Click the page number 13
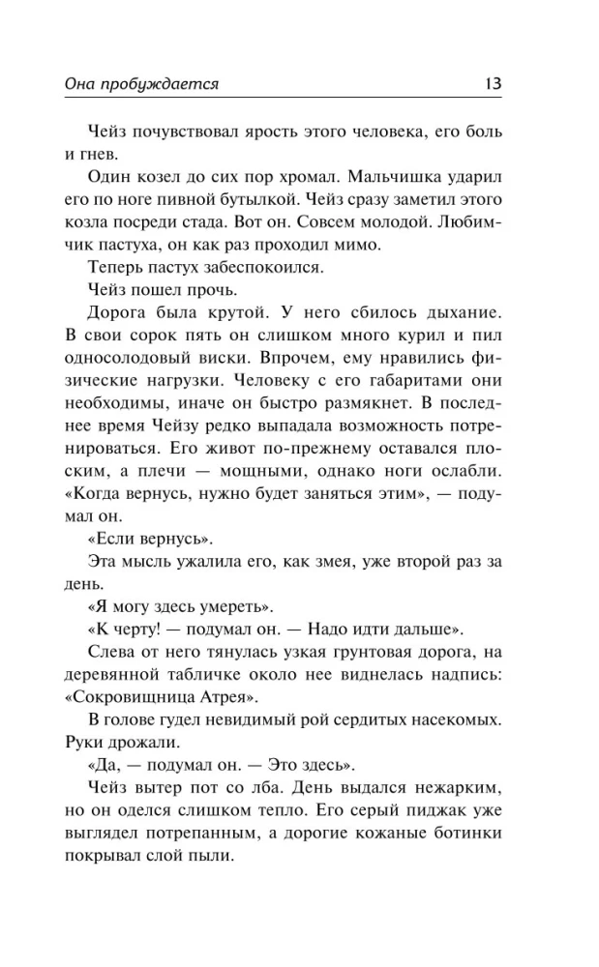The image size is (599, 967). [x=492, y=84]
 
